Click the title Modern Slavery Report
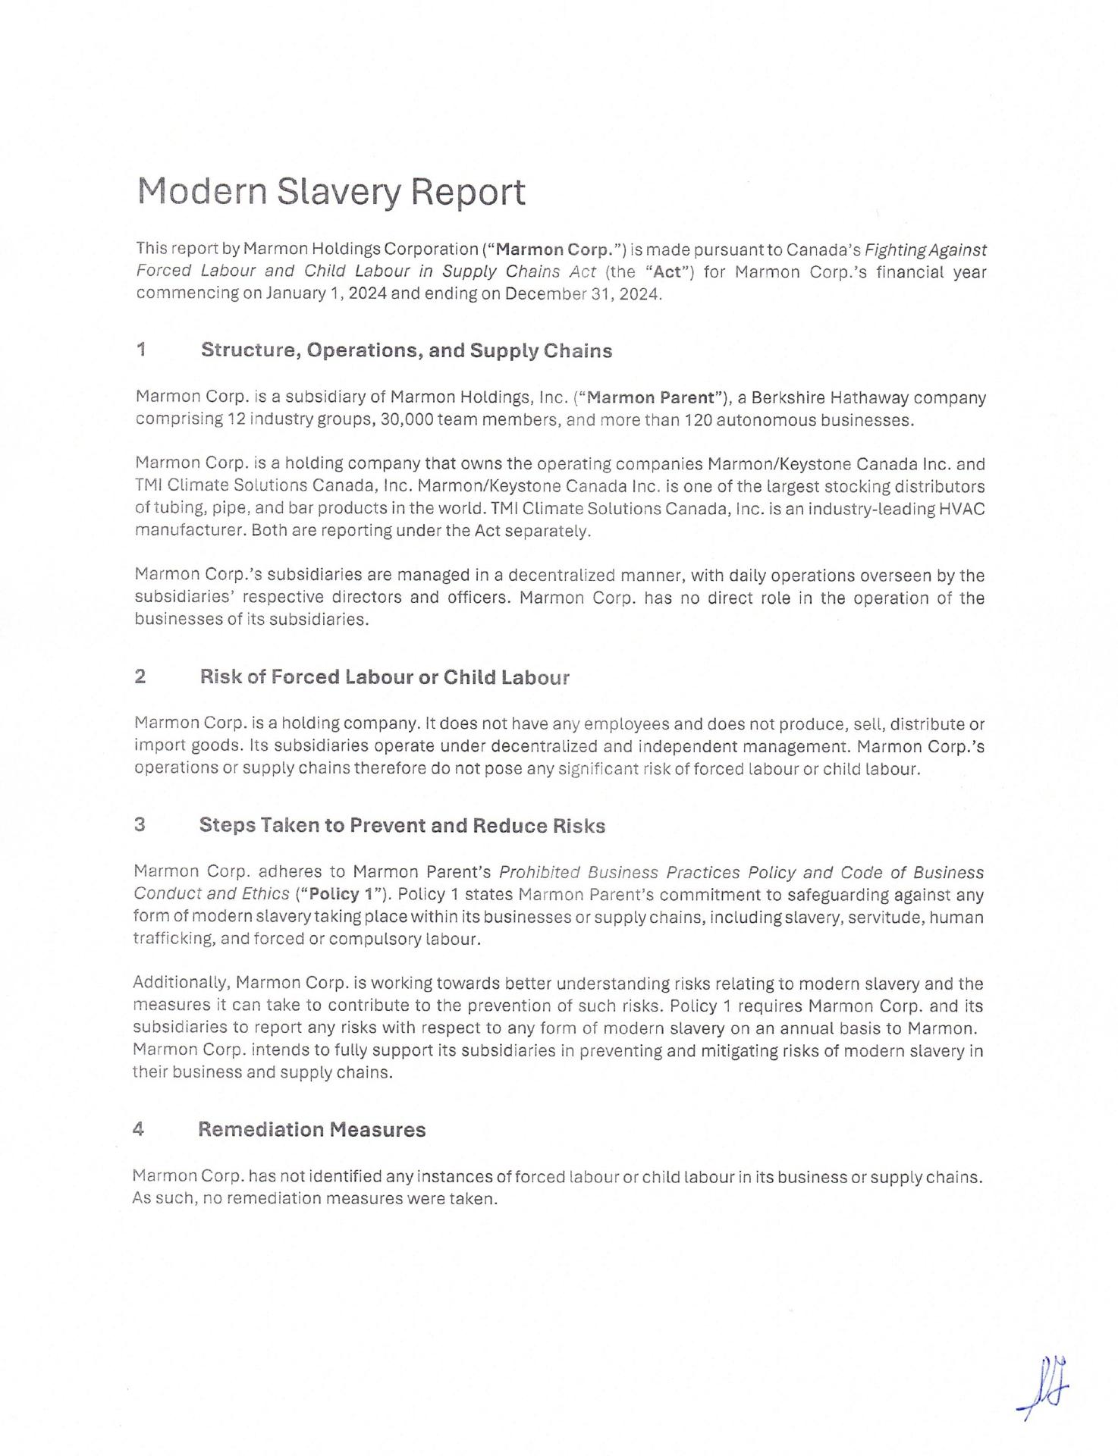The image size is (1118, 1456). pyautogui.click(x=331, y=192)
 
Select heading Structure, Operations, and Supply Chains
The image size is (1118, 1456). pyautogui.click(x=406, y=350)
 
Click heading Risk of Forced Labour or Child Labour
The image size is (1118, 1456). pyautogui.click(x=384, y=677)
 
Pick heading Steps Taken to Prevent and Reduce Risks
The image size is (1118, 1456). pyautogui.click(x=402, y=826)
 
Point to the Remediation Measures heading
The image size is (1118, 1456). pyautogui.click(x=312, y=1129)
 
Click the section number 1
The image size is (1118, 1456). pyautogui.click(x=141, y=350)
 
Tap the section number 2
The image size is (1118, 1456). pyautogui.click(x=140, y=677)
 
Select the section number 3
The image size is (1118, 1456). pyautogui.click(x=140, y=826)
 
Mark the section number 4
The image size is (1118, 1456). pyautogui.click(x=138, y=1129)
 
